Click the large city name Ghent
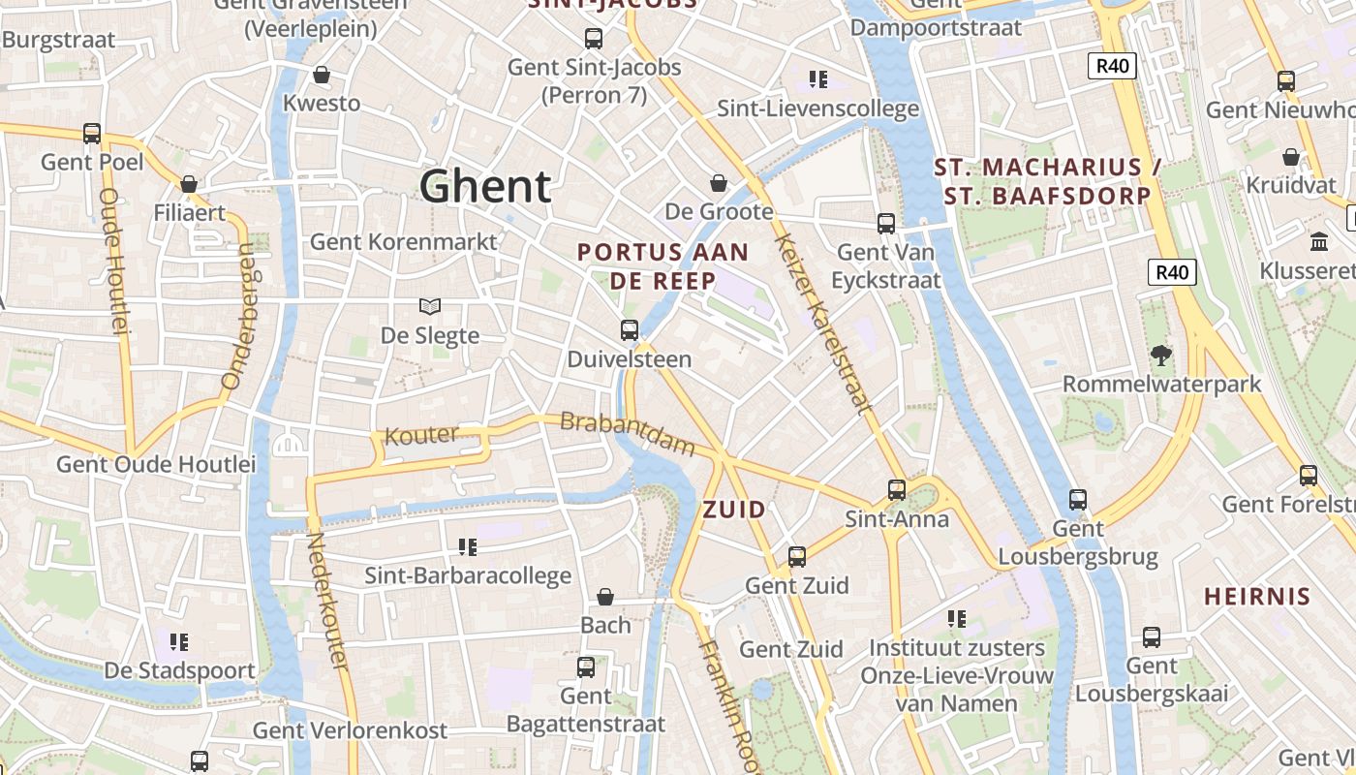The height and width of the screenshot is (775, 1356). click(485, 186)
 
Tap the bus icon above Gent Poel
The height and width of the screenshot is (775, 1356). click(92, 133)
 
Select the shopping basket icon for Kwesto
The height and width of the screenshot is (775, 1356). click(322, 75)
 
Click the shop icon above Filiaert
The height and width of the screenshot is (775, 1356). click(189, 184)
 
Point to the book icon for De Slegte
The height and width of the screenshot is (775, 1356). click(430, 306)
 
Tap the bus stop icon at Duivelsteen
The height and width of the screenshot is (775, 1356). click(630, 330)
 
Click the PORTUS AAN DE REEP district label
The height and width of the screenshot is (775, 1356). click(663, 266)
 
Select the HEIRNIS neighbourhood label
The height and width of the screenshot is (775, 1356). click(1257, 596)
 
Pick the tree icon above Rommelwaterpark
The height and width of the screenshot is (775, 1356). click(1160, 355)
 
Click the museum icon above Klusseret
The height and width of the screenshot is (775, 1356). click(1318, 241)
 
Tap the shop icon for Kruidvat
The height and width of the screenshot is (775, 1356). click(1291, 156)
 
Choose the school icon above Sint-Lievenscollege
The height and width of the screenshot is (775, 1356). click(818, 79)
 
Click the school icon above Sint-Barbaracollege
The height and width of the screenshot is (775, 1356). click(468, 547)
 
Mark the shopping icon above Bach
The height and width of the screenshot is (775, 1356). click(605, 596)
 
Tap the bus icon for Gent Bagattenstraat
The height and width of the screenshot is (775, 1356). click(586, 666)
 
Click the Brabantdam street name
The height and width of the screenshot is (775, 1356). click(628, 434)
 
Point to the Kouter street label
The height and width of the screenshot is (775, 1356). click(421, 436)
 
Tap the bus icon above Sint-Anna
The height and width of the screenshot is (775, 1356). click(897, 489)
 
